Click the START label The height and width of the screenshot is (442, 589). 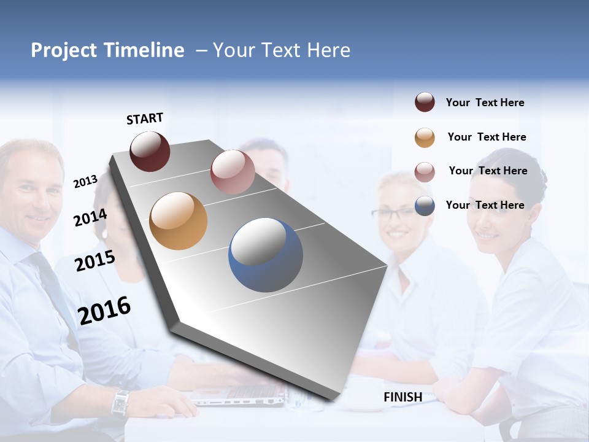145,118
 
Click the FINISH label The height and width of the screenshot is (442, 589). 402,397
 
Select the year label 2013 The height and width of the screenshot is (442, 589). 85,182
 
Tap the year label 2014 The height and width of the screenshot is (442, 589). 90,217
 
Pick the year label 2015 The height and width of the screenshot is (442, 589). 94,261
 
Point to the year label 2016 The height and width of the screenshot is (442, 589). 104,310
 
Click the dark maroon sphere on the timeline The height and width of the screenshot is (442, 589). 150,151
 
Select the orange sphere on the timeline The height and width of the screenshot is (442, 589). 178,221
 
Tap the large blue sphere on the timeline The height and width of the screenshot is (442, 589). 265,255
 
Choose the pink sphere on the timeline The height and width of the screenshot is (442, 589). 233,172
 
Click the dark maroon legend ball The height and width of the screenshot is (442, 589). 425,103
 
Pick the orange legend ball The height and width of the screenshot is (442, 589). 425,138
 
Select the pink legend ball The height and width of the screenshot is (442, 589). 425,172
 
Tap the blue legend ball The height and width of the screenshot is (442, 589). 425,206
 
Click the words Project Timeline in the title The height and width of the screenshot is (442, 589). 107,50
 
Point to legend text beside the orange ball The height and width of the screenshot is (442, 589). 487,137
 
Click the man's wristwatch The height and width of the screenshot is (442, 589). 120,403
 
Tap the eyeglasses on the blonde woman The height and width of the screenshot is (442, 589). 393,214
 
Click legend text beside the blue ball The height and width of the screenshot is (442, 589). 485,205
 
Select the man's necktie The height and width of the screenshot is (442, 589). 52,289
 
